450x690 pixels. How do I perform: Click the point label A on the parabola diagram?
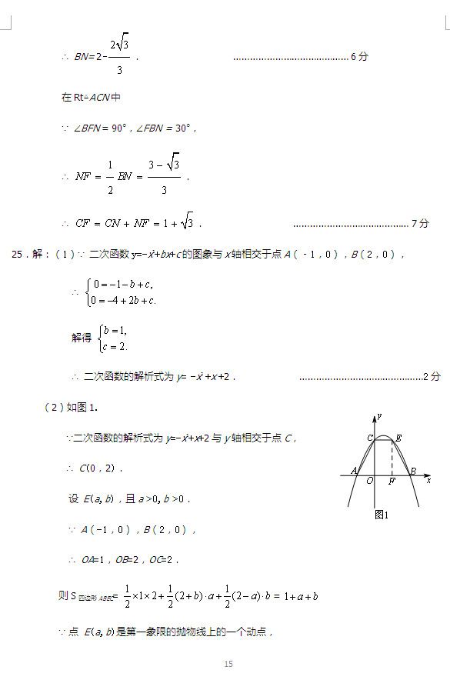(x=354, y=471)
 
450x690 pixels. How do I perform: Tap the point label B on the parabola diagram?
(x=412, y=471)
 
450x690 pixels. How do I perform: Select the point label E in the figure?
(x=398, y=438)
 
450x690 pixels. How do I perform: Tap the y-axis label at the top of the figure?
(x=380, y=416)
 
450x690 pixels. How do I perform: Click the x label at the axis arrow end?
(x=428, y=480)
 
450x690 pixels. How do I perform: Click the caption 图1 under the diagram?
(x=382, y=515)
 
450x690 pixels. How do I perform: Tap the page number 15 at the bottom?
(x=228, y=664)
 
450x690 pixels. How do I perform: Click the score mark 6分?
(x=359, y=56)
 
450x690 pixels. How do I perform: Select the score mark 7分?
(x=420, y=223)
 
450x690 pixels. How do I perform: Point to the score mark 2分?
(x=432, y=376)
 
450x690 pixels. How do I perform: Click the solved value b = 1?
(x=112, y=331)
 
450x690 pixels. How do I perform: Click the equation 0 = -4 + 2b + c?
(x=123, y=300)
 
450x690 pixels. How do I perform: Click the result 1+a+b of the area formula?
(x=301, y=595)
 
